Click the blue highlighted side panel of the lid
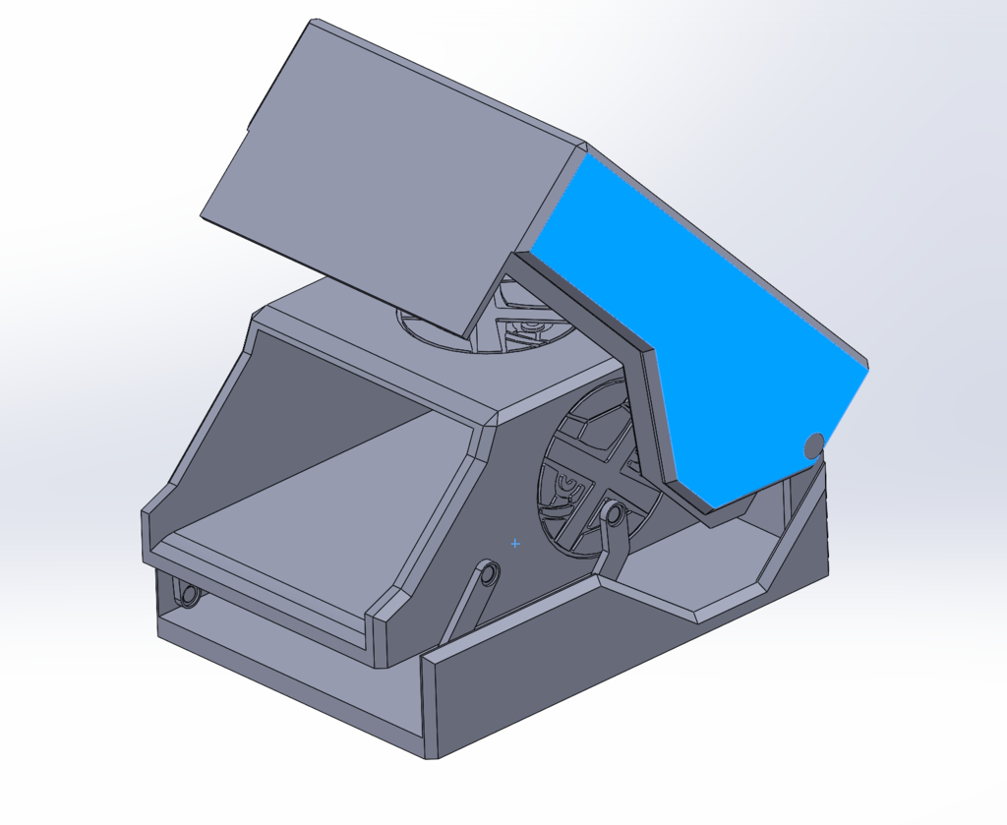[708, 324]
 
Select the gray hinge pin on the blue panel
[813, 446]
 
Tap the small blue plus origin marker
[514, 543]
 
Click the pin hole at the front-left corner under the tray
[187, 594]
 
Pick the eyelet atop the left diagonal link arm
[488, 571]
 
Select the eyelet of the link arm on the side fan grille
[613, 513]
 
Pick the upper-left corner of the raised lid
[313, 22]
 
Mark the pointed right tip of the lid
[868, 366]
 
